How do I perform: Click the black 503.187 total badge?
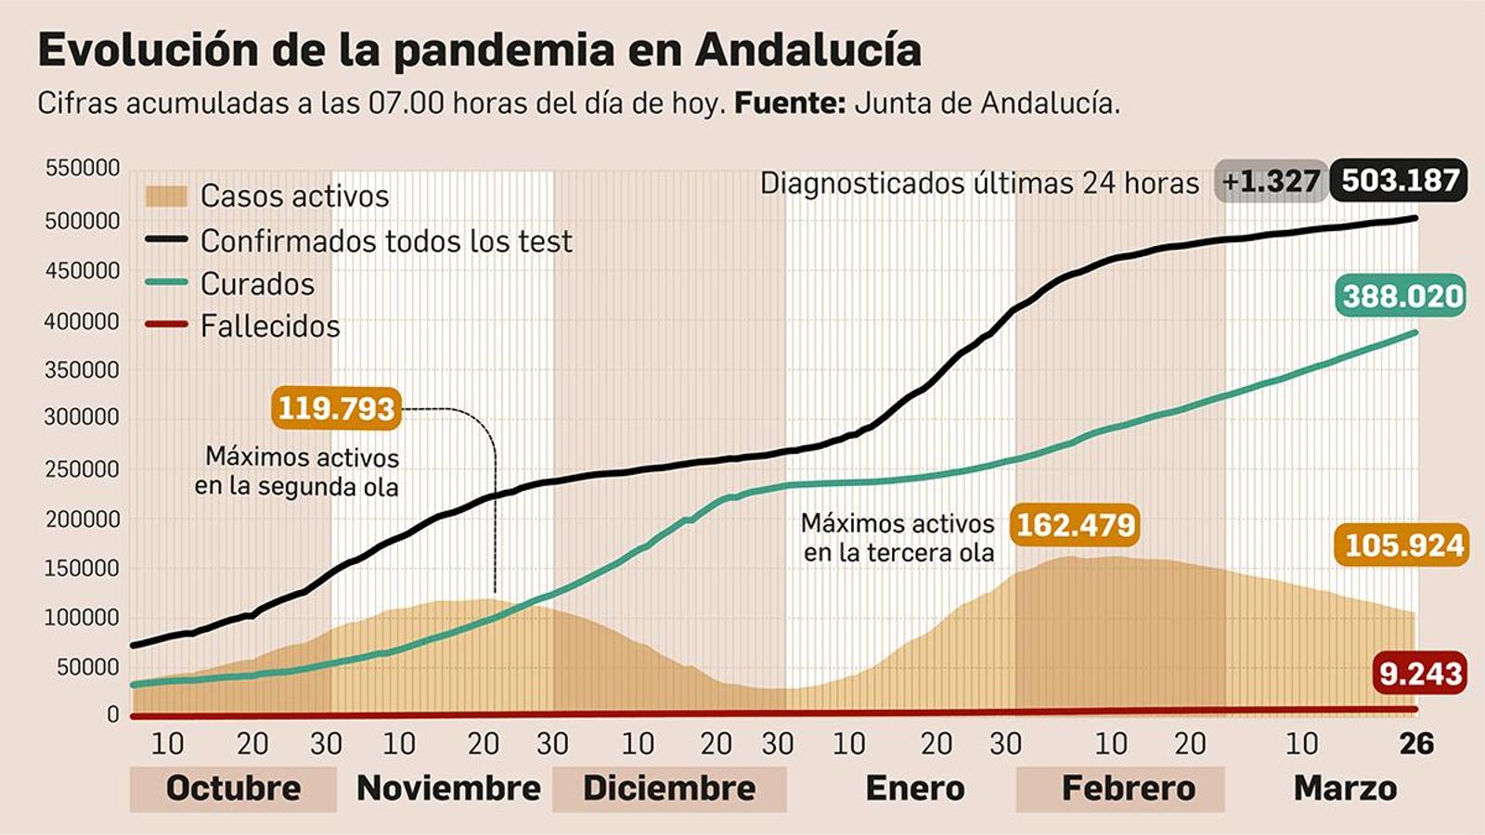(x=1399, y=180)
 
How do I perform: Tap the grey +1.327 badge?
(x=1270, y=181)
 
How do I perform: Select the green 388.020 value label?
(x=1402, y=296)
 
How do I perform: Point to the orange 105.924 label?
(x=1403, y=545)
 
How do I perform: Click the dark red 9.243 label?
(x=1420, y=674)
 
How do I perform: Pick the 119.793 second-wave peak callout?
(x=336, y=408)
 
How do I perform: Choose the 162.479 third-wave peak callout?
(x=1075, y=525)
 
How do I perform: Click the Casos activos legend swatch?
(x=167, y=197)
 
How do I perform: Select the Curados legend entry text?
(x=257, y=284)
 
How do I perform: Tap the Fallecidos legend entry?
(x=269, y=327)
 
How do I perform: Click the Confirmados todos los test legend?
(x=385, y=241)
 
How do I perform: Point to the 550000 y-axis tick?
(x=83, y=169)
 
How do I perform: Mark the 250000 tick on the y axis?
(x=83, y=469)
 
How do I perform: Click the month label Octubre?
(x=233, y=789)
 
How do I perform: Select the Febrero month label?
(x=1128, y=789)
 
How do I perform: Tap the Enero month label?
(x=914, y=789)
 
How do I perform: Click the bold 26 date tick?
(x=1416, y=744)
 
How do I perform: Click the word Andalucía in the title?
(x=807, y=50)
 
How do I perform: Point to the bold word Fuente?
(x=789, y=103)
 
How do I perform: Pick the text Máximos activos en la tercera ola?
(x=897, y=538)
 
